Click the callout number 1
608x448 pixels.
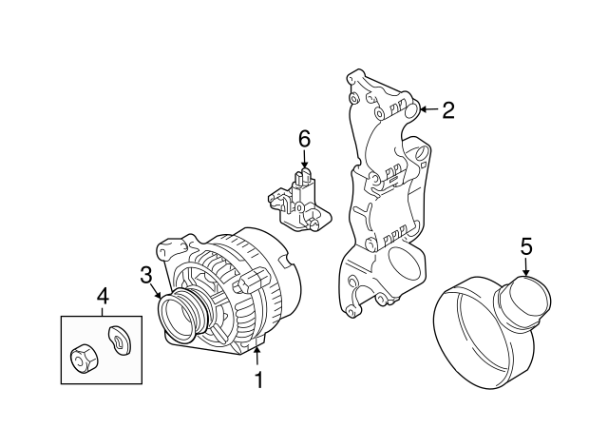(x=256, y=380)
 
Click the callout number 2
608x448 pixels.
(x=448, y=110)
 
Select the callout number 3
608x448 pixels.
(x=146, y=276)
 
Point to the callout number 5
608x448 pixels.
(x=528, y=246)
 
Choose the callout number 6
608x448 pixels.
(x=305, y=139)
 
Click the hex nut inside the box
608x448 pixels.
(x=82, y=359)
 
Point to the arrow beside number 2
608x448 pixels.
(x=427, y=110)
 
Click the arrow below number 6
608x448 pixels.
(x=305, y=163)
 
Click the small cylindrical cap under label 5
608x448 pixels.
(x=522, y=295)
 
